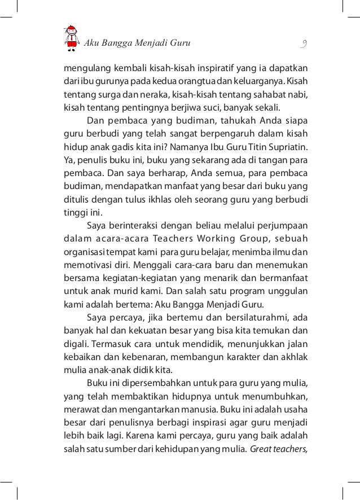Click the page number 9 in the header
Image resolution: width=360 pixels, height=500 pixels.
click(x=304, y=43)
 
